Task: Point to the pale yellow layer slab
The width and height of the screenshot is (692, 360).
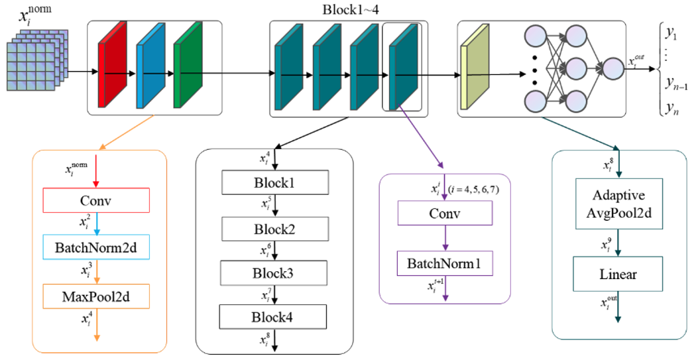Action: (474, 66)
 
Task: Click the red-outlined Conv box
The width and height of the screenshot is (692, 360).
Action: (96, 200)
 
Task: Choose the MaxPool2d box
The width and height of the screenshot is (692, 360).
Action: (96, 296)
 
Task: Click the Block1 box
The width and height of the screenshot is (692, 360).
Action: (274, 182)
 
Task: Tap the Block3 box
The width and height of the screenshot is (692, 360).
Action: (274, 272)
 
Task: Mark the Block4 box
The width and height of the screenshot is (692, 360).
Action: (274, 316)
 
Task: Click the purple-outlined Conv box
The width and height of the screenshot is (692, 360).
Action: (443, 213)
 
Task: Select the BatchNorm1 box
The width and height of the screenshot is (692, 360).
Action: (443, 263)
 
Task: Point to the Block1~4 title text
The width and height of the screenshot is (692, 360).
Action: (349, 9)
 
